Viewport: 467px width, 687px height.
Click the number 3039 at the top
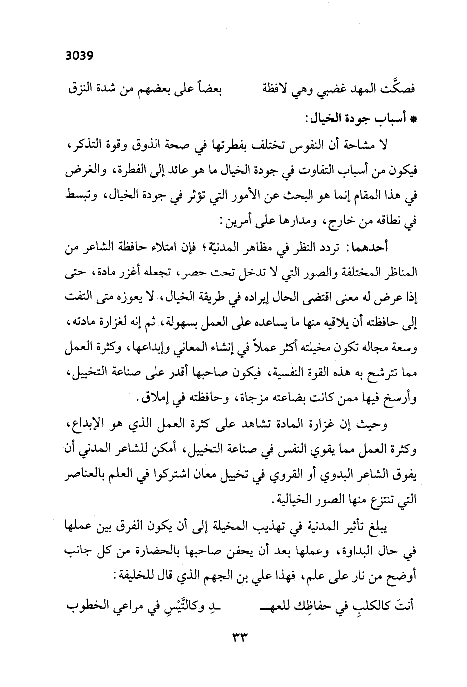[x=79, y=55]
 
